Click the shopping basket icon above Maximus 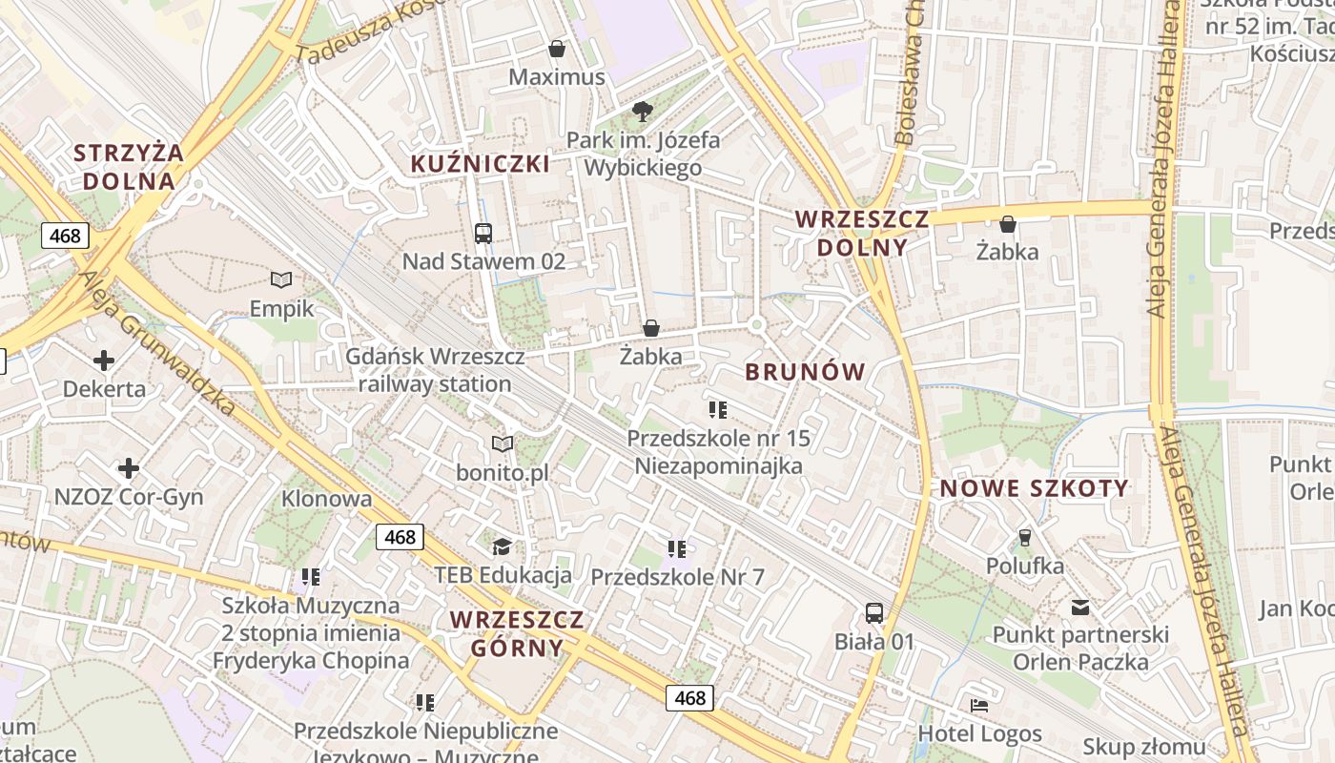[557, 49]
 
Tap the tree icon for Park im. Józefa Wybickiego [643, 112]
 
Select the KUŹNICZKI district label [480, 164]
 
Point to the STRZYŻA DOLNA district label [129, 167]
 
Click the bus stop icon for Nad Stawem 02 [483, 233]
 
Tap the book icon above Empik [281, 279]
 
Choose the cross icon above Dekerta [104, 361]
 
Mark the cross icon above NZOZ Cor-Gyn [129, 468]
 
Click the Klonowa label [326, 499]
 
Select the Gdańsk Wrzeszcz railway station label [435, 370]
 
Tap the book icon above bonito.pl [503, 443]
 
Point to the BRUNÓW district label [805, 372]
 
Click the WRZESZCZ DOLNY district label [861, 233]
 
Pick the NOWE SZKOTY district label [1035, 489]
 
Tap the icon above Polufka [1025, 538]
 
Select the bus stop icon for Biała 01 [874, 612]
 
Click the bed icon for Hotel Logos [979, 706]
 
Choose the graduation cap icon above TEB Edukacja [502, 546]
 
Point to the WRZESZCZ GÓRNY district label [517, 633]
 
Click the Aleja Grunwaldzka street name [158, 343]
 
